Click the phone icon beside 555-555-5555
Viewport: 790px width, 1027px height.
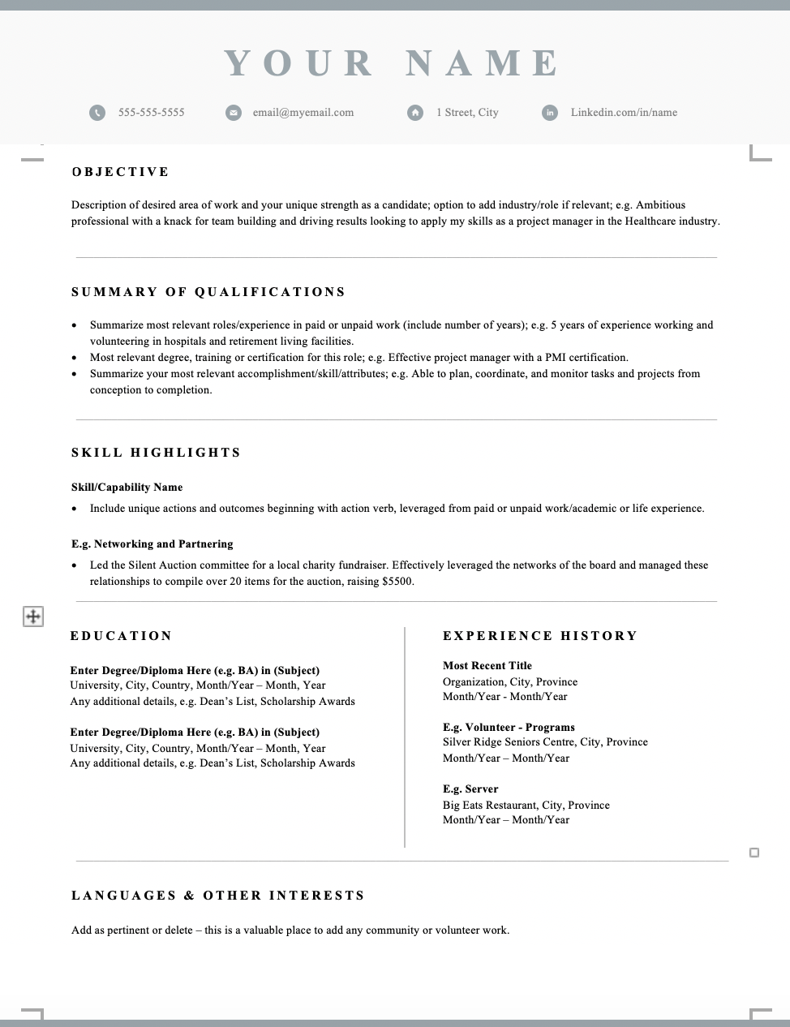tap(97, 113)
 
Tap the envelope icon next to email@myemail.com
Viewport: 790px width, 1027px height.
tap(234, 113)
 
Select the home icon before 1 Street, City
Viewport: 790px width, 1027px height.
tap(415, 113)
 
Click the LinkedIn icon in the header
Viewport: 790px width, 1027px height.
tap(550, 113)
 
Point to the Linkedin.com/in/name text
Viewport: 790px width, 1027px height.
tap(624, 113)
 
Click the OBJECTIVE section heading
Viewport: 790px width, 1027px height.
tap(121, 172)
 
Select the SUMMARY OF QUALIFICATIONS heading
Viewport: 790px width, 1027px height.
tap(208, 292)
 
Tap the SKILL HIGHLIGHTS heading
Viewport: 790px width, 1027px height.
tap(157, 453)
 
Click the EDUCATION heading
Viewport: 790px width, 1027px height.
tap(122, 636)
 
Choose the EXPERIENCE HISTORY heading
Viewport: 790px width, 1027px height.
tap(540, 636)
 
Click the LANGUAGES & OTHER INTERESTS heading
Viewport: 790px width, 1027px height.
tap(218, 896)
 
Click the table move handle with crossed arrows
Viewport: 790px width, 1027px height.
tap(32, 617)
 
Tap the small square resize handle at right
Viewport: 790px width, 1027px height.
tap(754, 853)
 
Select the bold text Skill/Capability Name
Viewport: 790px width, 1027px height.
tap(127, 488)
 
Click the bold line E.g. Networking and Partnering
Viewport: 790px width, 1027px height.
tap(152, 544)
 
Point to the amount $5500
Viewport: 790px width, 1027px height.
tap(397, 582)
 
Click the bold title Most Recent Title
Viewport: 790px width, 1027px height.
tap(487, 666)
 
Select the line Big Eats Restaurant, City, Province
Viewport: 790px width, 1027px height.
tap(526, 806)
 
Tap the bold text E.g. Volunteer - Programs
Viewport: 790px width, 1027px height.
tap(509, 728)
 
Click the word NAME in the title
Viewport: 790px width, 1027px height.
tap(482, 63)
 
